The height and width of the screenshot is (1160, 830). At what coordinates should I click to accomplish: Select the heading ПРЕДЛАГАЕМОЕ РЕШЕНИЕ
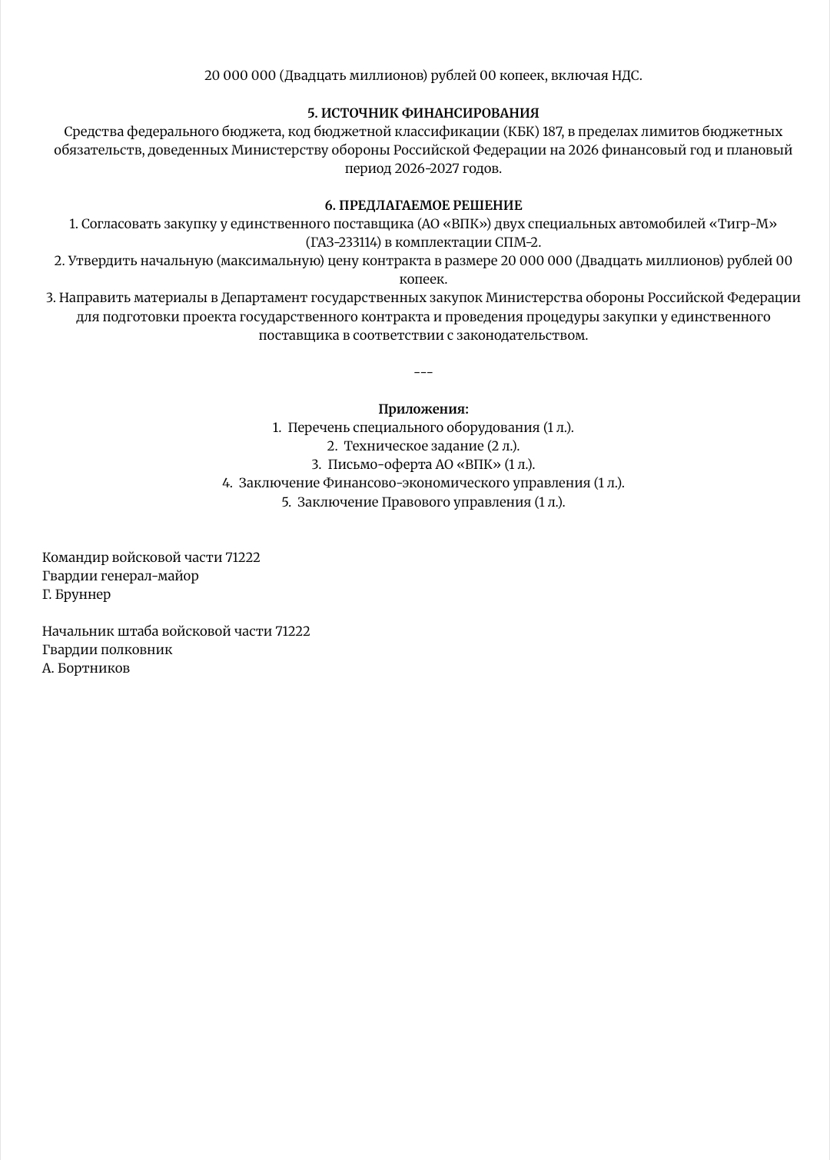coord(430,205)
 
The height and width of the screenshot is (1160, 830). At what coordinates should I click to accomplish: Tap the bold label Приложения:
coord(423,409)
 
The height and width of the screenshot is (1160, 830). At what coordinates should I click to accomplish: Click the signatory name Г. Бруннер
coord(76,594)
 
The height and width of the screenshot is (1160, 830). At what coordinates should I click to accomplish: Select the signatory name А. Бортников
coord(86,668)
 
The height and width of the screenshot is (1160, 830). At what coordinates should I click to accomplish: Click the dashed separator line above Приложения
coord(423,373)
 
